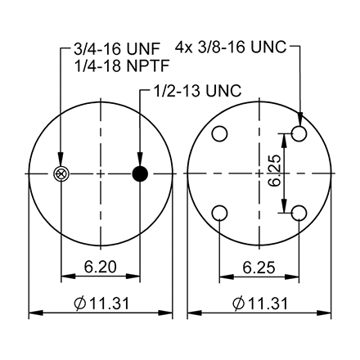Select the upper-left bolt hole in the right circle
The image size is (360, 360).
[219, 133]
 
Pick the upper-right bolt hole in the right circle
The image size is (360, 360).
[299, 133]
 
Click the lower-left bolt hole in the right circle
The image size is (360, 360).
[219, 213]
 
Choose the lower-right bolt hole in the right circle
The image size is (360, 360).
[299, 213]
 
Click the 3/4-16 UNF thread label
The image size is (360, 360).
[106, 50]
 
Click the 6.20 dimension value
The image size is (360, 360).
[100, 266]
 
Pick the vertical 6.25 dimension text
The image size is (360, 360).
[274, 173]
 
